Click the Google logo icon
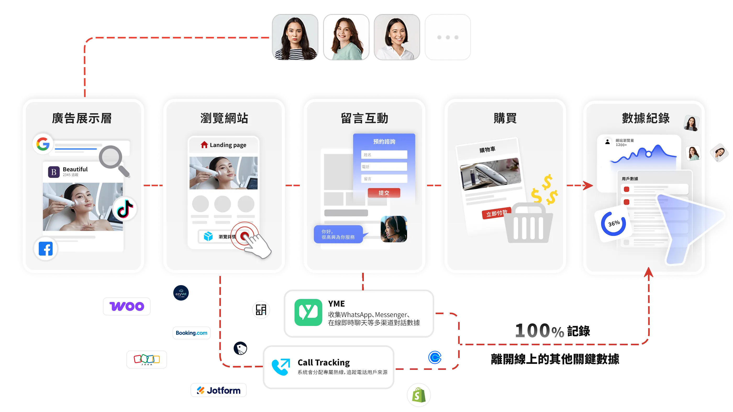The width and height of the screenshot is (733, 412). point(43,144)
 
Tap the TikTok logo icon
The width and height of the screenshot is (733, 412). point(125,209)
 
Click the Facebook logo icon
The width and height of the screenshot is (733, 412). point(46,249)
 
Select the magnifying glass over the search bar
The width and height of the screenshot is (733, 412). point(113,160)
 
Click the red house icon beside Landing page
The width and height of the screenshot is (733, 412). point(204,145)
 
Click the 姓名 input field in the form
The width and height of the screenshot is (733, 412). point(384,155)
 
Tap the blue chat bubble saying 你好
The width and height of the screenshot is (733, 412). point(338,234)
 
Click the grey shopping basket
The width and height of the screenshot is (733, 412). point(528,225)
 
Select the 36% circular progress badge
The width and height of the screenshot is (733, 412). point(613,224)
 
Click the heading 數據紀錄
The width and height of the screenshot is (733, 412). point(646,118)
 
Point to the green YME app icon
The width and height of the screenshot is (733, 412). point(308,312)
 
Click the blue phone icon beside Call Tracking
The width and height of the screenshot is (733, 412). point(281,367)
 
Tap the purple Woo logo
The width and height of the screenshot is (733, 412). point(127,306)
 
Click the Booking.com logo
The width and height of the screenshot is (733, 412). point(192,333)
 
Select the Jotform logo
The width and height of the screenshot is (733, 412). point(218,390)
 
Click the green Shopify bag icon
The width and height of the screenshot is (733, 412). point(419,395)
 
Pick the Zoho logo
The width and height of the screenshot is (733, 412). point(147,359)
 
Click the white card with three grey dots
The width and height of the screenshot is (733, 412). point(448,37)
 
